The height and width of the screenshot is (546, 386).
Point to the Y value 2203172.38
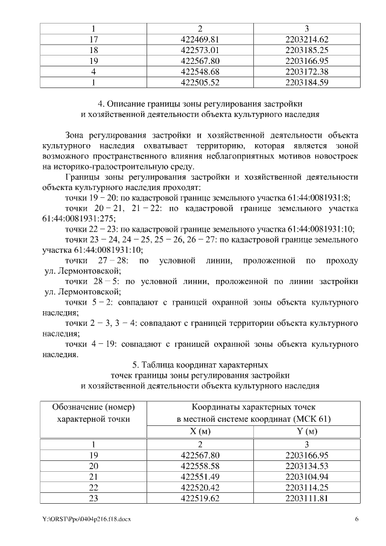(307, 72)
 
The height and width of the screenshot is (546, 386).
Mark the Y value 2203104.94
(307, 477)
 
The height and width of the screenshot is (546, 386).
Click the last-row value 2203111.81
(307, 499)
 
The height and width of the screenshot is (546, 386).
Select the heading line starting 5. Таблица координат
(200, 365)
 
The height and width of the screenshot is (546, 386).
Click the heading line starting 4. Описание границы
(200, 104)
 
